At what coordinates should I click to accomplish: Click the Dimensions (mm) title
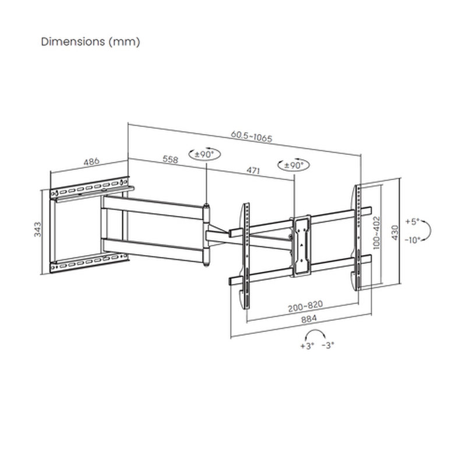point(90,42)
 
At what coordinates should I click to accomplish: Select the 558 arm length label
point(170,159)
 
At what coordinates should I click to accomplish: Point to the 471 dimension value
point(253,170)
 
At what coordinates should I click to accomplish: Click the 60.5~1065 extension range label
point(251,136)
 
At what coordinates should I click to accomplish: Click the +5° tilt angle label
point(412,221)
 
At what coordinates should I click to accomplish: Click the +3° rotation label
point(306,345)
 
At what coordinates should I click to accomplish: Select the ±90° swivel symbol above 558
point(204,154)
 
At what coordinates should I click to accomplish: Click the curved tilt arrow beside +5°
point(427,230)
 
